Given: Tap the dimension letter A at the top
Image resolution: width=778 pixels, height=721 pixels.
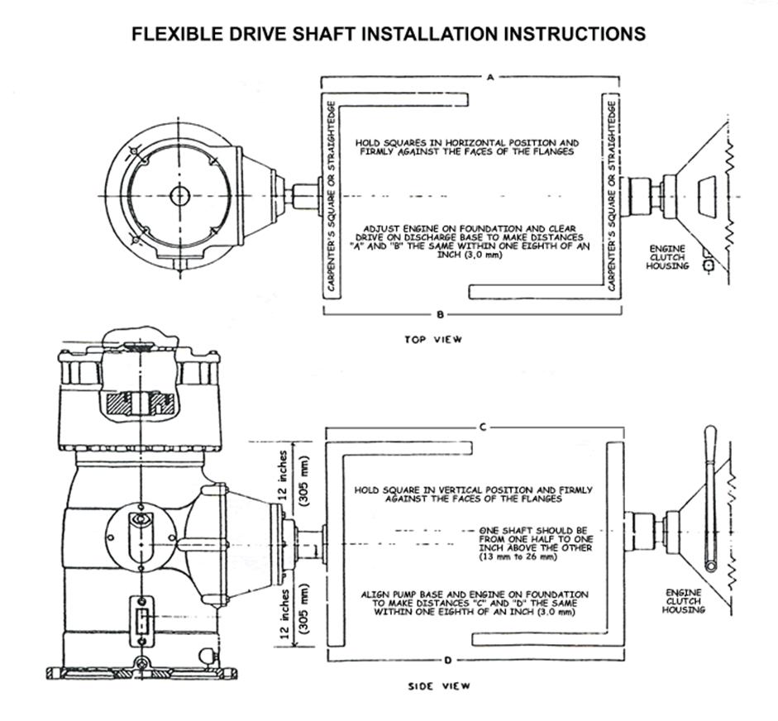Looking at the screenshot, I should [x=490, y=77].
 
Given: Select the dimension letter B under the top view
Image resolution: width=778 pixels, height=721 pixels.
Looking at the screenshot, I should [x=441, y=315].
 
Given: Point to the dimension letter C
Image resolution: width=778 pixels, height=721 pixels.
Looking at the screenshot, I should [x=482, y=427].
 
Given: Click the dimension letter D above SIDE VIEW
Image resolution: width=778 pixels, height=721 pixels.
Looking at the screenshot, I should [x=447, y=661].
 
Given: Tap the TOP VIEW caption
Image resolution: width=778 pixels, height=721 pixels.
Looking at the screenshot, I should [x=433, y=339].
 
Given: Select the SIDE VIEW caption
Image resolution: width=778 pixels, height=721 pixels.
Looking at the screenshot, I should [x=440, y=685].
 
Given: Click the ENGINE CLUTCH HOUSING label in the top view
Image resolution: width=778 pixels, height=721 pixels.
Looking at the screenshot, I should [x=667, y=256].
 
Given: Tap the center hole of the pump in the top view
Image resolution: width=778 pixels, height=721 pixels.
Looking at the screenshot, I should [x=179, y=195].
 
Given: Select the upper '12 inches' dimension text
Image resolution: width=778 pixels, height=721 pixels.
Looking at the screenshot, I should [x=284, y=476].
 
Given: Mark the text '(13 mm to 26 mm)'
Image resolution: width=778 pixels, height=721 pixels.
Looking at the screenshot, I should [x=518, y=557].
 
